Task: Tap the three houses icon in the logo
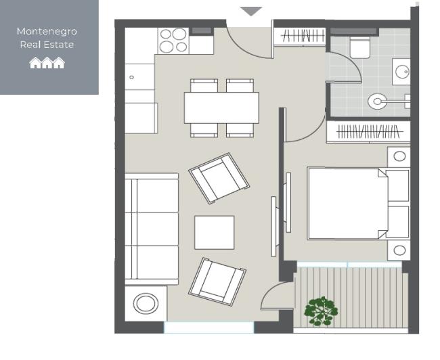47,63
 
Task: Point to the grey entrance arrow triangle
252,12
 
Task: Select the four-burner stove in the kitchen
173,40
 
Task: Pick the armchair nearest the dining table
219,178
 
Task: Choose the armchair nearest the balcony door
217,278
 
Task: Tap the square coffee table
214,232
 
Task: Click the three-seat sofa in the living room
152,229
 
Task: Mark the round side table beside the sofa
145,303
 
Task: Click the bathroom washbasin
401,71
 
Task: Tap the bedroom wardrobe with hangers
368,132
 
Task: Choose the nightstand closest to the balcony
399,250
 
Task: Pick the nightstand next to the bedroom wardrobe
399,156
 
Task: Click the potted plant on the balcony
320,311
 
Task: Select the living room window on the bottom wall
208,327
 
